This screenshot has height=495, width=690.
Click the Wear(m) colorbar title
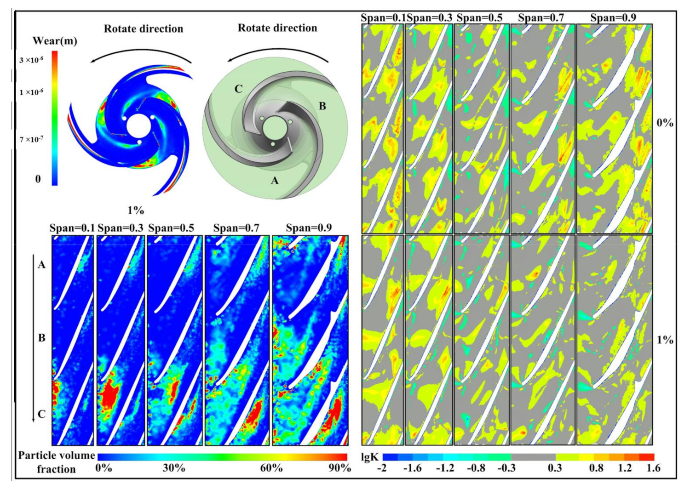(55, 41)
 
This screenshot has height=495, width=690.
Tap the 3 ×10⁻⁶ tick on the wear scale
(31, 60)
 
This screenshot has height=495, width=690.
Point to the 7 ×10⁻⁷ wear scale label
(31, 139)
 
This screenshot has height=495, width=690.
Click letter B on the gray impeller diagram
(322, 106)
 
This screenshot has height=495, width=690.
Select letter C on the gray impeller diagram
(238, 89)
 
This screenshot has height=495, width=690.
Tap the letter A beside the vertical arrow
(42, 265)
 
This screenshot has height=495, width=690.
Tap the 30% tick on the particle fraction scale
(174, 468)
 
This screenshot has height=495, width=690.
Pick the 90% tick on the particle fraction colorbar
(339, 468)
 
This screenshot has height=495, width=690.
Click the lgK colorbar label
(370, 457)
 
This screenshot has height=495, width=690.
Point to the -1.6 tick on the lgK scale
(412, 468)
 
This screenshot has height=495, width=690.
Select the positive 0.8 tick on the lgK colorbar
(596, 468)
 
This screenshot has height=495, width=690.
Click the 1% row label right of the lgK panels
(665, 340)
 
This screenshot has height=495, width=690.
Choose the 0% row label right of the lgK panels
(665, 123)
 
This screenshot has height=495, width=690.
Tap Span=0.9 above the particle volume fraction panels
(309, 228)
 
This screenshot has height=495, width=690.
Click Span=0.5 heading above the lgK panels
(479, 18)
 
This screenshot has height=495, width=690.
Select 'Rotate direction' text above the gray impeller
(277, 28)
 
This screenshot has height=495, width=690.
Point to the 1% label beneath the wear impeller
(136, 210)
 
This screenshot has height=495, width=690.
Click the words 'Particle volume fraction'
(56, 462)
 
